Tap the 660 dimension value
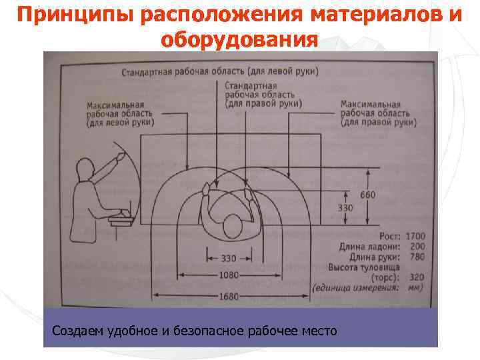[367, 195]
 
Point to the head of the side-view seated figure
[85, 169]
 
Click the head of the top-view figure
[231, 225]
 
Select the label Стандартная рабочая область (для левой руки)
[219, 71]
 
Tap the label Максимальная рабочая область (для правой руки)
[378, 114]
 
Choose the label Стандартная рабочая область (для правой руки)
[263, 95]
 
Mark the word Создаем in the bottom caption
[73, 331]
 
